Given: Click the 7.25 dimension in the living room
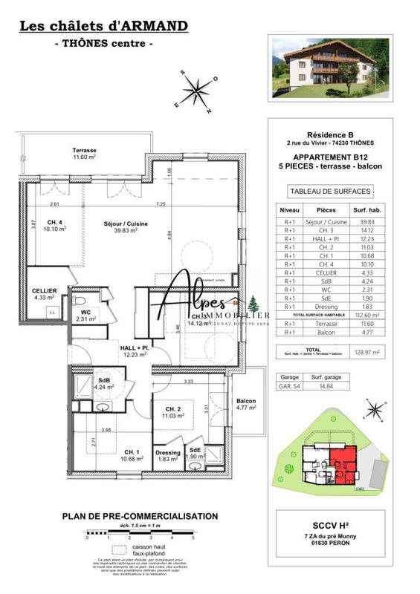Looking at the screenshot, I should pos(160,204).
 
